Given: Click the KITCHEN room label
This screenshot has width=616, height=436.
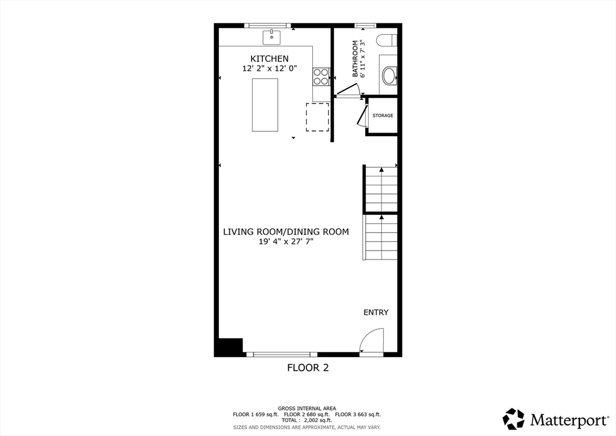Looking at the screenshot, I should click(269, 58).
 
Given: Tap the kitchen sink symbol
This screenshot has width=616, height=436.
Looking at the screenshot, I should click(272, 37).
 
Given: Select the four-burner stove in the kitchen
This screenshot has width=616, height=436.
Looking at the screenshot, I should click(321, 76).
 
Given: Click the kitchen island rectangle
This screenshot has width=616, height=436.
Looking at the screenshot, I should click(265, 105).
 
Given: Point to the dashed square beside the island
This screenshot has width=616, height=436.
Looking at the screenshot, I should click(318, 117).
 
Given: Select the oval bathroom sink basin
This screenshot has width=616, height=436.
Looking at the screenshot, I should click(389, 76).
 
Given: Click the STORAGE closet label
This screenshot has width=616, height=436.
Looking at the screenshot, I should click(383, 116).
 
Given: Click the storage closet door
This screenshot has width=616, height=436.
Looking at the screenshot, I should click(362, 115).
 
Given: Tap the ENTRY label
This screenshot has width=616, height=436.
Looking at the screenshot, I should click(376, 313).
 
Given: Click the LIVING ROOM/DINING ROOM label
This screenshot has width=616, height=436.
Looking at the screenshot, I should click(286, 231).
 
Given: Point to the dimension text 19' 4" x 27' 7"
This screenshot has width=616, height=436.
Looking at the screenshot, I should click(286, 241).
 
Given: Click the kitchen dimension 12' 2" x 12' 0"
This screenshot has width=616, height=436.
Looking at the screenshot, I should click(269, 69).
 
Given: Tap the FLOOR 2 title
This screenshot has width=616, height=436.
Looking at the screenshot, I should click(307, 367).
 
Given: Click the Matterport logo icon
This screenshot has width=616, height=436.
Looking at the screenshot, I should click(514, 419).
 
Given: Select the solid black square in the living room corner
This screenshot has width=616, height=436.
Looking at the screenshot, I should click(229, 347).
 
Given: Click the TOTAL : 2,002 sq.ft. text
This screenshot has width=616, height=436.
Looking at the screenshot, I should click(307, 420).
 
